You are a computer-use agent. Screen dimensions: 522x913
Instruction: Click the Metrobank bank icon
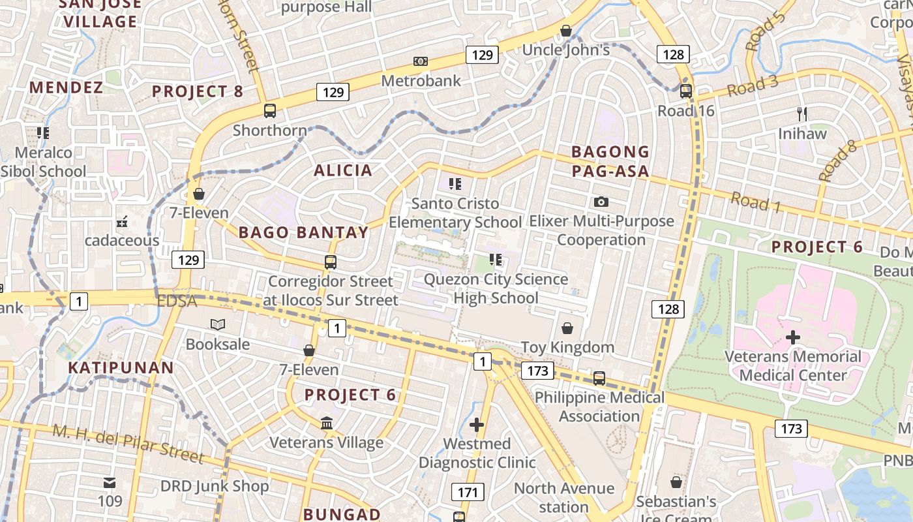(421, 61)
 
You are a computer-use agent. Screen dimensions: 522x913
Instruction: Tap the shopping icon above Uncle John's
(566, 31)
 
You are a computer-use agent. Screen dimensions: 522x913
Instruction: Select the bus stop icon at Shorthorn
(270, 111)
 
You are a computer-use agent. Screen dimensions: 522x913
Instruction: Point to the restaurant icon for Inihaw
(802, 114)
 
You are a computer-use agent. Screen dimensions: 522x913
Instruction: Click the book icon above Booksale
(218, 324)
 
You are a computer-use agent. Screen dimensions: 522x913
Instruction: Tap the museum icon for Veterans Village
(327, 423)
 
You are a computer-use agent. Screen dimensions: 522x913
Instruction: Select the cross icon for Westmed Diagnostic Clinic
(477, 425)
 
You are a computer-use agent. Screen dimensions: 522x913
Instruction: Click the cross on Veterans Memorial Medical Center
(793, 337)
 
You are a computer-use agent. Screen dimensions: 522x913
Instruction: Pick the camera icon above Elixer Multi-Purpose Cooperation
(601, 202)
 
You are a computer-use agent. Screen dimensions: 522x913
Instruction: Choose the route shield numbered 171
(468, 492)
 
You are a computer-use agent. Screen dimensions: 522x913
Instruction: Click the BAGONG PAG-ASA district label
(610, 161)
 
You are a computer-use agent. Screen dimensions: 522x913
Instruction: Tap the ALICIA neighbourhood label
(343, 170)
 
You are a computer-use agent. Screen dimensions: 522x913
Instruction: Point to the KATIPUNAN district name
(121, 367)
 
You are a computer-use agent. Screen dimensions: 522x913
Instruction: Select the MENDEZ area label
(66, 87)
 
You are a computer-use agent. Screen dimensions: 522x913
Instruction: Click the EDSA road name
(177, 301)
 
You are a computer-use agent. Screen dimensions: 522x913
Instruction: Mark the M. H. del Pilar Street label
(128, 443)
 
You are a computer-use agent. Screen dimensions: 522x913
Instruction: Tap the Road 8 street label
(837, 161)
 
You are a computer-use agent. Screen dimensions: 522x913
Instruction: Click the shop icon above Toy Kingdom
(567, 328)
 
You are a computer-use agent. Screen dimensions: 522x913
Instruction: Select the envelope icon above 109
(110, 483)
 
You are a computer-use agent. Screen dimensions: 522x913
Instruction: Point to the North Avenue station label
(564, 497)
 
